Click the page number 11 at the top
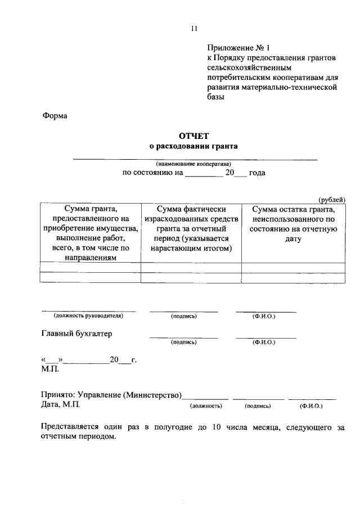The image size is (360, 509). pos(194,28)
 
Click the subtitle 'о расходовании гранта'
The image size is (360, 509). pos(193,146)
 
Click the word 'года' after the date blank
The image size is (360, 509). pos(257,173)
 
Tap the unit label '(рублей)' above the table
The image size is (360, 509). pos(332,200)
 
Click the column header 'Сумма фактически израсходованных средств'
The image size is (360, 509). pos(191,228)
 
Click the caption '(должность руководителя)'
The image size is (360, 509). pos(88,316)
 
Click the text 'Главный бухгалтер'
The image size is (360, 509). pos(77,334)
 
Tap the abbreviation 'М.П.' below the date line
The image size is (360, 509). pos(49,369)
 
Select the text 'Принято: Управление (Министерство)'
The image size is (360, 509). pos(112,395)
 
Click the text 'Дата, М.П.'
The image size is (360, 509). pos(61,404)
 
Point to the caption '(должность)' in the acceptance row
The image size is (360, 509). pos(206,406)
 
